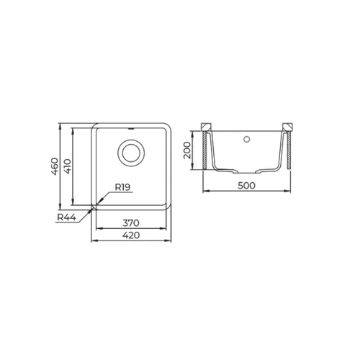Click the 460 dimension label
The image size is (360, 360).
[55, 166]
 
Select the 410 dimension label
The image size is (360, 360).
[68, 166]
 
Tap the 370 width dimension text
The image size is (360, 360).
[131, 223]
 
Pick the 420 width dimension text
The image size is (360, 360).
[131, 235]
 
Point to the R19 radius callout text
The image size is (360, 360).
[122, 187]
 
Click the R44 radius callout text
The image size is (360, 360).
[67, 217]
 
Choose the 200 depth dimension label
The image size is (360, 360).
[186, 150]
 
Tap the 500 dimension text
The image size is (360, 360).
[246, 185]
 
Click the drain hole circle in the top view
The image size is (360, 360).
[131, 153]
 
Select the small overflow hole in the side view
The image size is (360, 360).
[246, 139]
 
